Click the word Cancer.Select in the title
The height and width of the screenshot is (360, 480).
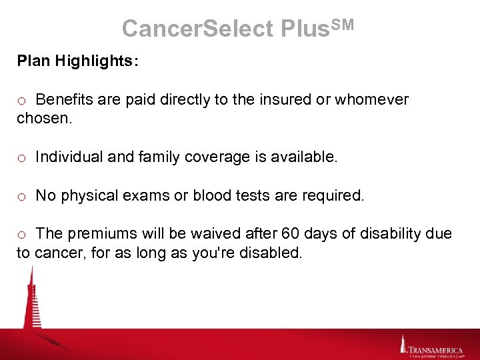tap(197, 28)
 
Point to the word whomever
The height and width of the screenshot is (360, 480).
tap(372, 100)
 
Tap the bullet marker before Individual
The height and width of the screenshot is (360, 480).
tap(22, 158)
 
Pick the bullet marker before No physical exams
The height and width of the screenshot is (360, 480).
tap(22, 196)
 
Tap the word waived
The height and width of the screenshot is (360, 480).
tap(221, 234)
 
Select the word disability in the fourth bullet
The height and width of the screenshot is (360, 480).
tap(390, 234)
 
